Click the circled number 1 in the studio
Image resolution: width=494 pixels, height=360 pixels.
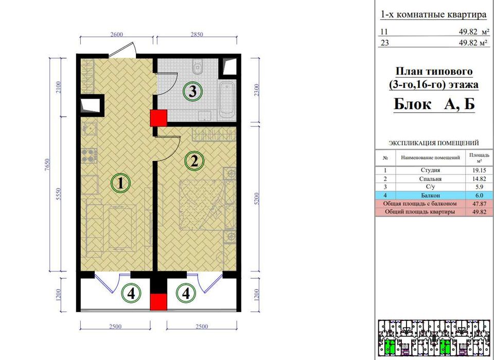120,183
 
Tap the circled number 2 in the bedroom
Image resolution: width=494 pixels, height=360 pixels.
195,161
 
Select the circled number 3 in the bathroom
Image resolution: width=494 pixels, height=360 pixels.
192,92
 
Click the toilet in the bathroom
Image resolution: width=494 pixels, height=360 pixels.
198,66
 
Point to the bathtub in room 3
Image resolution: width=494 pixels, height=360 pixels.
227,100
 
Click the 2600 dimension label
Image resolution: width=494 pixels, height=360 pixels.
117,34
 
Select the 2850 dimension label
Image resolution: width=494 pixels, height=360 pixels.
197,34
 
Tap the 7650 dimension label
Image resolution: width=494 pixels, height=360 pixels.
47,165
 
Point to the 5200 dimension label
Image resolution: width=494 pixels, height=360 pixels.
257,199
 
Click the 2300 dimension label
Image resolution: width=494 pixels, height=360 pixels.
257,90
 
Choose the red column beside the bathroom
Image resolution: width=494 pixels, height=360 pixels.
158,118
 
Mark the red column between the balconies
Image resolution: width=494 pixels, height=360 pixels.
158,302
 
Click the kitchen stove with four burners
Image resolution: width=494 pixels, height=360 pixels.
89,156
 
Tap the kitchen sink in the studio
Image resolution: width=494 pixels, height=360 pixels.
90,129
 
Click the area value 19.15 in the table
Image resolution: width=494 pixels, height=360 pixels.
479,170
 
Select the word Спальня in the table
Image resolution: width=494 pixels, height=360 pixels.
430,179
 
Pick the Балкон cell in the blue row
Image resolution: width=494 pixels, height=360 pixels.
430,195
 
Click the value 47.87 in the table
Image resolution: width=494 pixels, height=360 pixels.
479,204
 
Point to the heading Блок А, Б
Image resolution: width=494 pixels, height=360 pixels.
434,104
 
